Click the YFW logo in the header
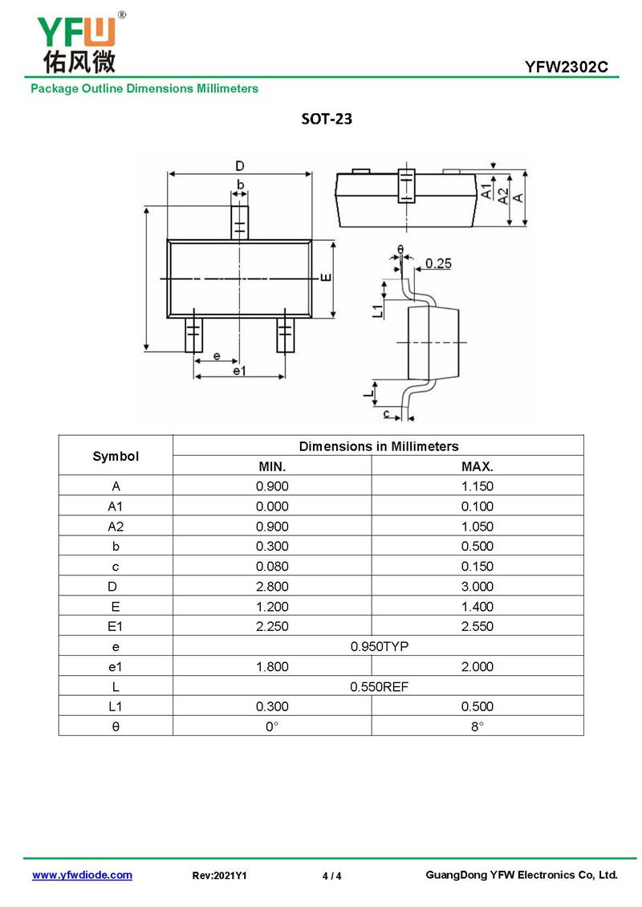(x=77, y=42)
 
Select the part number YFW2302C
(x=571, y=67)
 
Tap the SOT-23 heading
(x=327, y=119)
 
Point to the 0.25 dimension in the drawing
(x=438, y=263)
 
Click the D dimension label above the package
(x=239, y=166)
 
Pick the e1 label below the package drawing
(x=239, y=371)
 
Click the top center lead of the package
(x=239, y=221)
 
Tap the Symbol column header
(x=116, y=456)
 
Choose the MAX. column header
(x=477, y=466)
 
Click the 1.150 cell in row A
(x=477, y=486)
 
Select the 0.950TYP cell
(x=378, y=647)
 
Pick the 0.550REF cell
(x=378, y=687)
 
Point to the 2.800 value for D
(x=272, y=587)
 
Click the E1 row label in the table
(x=116, y=627)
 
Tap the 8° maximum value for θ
(x=477, y=726)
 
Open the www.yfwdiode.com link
(x=82, y=875)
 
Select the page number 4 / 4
(x=331, y=876)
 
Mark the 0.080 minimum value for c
(x=272, y=567)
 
